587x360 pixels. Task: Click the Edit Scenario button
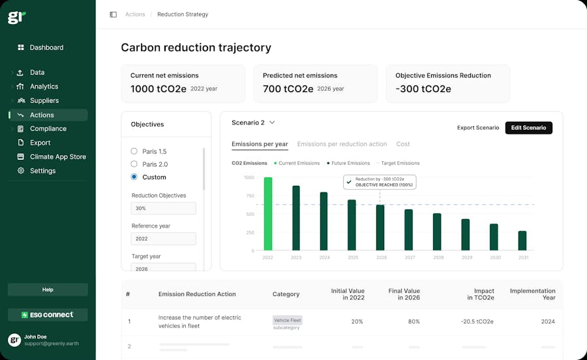tap(528, 128)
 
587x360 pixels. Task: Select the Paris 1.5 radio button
tap(134, 151)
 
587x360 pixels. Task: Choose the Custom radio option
tap(134, 177)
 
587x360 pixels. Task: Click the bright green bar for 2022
tap(268, 214)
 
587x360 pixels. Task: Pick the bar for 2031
tap(522, 240)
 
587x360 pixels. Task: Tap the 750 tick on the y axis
tap(249, 196)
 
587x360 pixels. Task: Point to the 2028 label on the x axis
tap(438, 258)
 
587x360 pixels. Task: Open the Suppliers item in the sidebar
tap(44, 100)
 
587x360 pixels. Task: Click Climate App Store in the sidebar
tap(57, 157)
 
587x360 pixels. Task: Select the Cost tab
tap(403, 144)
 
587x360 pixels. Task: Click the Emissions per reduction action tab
tap(342, 144)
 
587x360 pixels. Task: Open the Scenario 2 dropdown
tap(254, 123)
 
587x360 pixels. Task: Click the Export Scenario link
tap(478, 128)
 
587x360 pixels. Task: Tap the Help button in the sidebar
tap(48, 290)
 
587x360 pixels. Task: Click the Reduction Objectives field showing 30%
tap(163, 209)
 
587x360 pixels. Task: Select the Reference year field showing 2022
tap(163, 239)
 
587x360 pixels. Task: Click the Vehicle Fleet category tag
tap(287, 320)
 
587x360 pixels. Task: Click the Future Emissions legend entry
tap(348, 163)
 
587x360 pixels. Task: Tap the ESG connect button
tap(48, 315)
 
